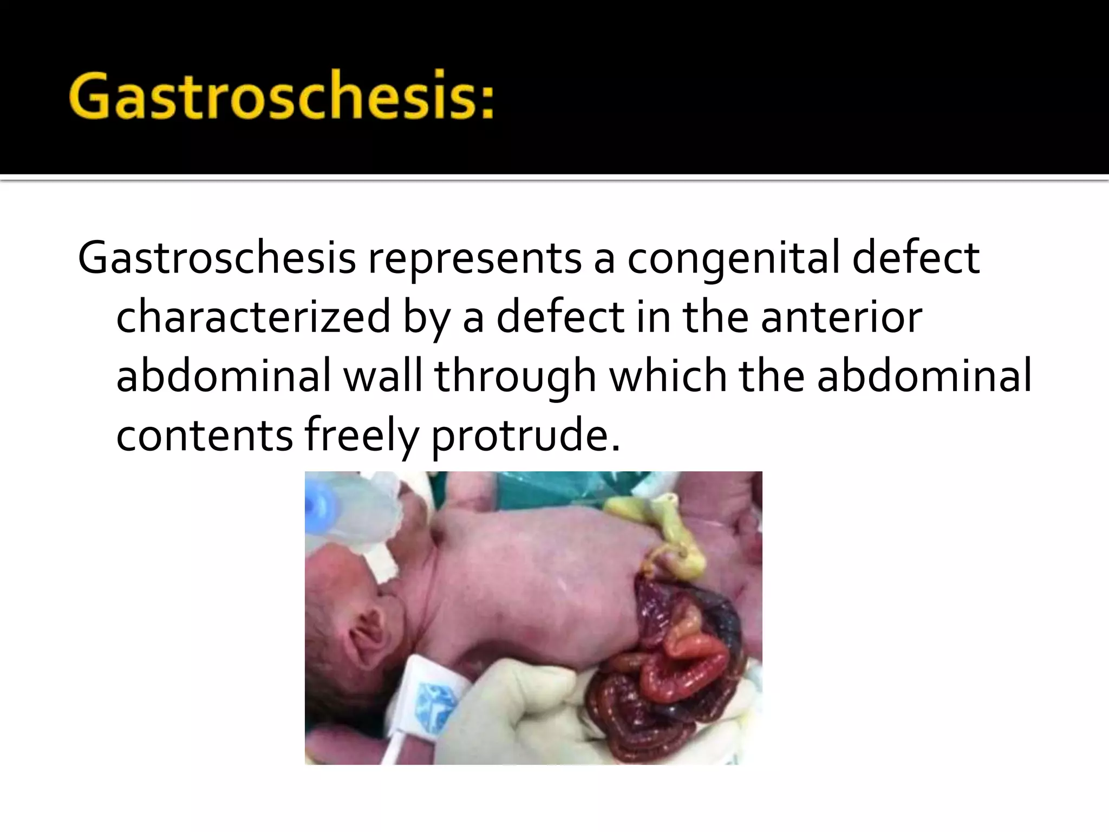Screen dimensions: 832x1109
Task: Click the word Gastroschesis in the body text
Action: [x=217, y=258]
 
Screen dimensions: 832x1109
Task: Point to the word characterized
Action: [x=253, y=317]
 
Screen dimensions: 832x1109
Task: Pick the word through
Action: [x=515, y=378]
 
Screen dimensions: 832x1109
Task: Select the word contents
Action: [x=204, y=435]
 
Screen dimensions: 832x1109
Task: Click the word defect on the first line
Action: [x=915, y=258]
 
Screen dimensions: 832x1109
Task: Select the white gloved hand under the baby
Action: [x=520, y=704]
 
